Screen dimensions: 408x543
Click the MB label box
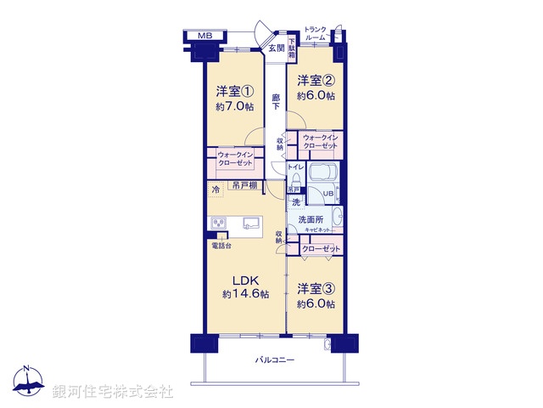(204, 36)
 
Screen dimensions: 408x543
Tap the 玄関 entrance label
(276, 48)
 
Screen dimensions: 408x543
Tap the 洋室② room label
(316, 81)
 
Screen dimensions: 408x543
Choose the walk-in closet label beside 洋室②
(320, 142)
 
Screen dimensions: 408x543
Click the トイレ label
(295, 167)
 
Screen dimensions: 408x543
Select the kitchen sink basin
(251, 224)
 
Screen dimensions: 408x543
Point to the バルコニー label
(275, 360)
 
